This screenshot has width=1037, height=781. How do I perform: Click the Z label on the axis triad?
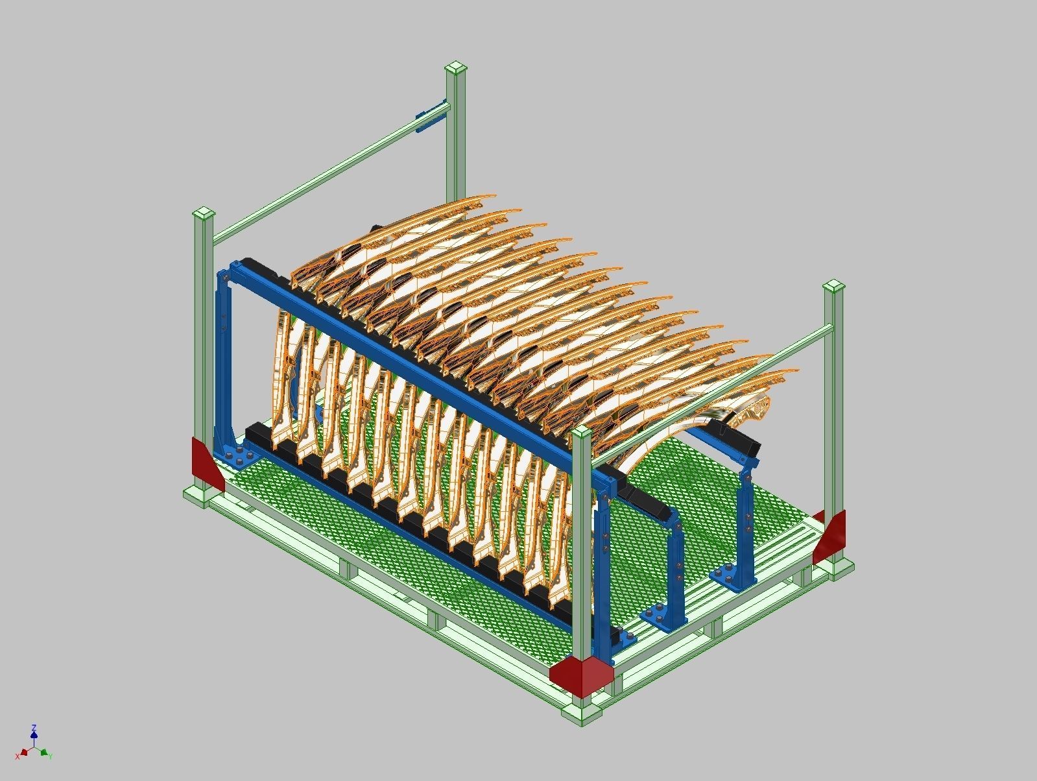pyautogui.click(x=34, y=728)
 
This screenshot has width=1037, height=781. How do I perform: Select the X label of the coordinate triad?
pyautogui.click(x=18, y=756)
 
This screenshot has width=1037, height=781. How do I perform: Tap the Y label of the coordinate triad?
pyautogui.click(x=50, y=756)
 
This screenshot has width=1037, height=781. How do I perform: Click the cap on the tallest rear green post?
pyautogui.click(x=456, y=67)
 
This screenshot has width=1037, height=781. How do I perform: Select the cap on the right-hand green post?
pyautogui.click(x=833, y=287)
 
